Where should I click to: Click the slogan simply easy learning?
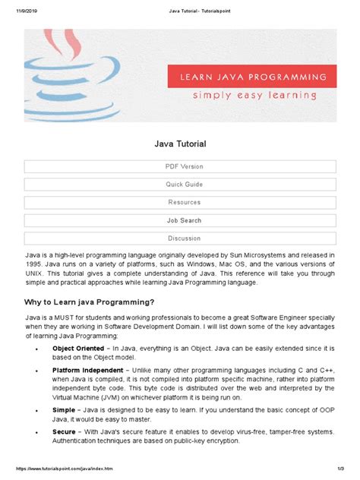tap(254, 96)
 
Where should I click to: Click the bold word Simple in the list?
tap(64, 409)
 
